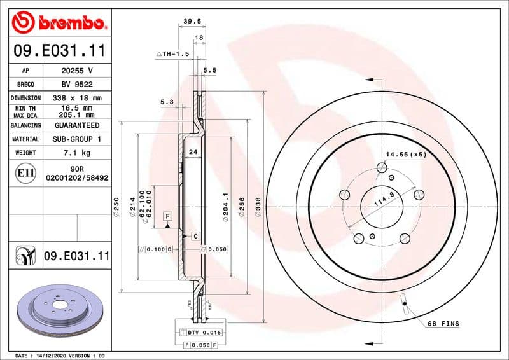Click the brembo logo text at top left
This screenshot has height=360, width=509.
pyautogui.click(x=69, y=23)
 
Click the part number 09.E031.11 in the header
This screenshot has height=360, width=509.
pyautogui.click(x=59, y=50)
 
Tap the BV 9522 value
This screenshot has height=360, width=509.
pyautogui.click(x=77, y=85)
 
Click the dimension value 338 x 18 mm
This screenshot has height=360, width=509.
pyautogui.click(x=77, y=98)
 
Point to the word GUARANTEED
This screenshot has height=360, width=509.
pyautogui.click(x=77, y=125)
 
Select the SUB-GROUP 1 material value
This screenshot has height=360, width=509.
pyautogui.click(x=77, y=139)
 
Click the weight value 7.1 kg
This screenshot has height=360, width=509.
pyautogui.click(x=77, y=153)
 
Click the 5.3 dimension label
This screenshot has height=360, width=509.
pyautogui.click(x=167, y=102)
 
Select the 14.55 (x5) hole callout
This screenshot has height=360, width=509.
pyautogui.click(x=407, y=154)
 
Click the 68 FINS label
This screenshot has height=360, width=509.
pyautogui.click(x=443, y=324)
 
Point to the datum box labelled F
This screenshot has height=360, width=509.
pyautogui.click(x=167, y=216)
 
